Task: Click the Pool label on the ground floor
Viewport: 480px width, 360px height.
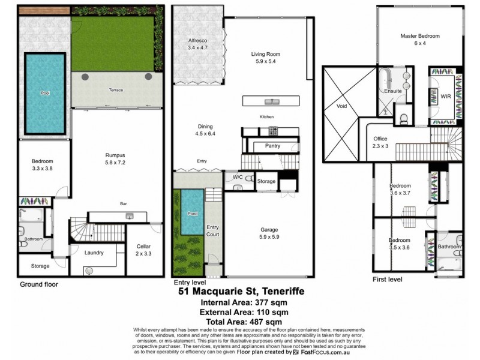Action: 45,94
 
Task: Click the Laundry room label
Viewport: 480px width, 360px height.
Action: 94,253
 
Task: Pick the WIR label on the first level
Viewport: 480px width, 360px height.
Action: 445,95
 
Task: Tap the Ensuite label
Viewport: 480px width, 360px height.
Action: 393,91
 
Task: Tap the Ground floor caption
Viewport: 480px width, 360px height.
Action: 39,284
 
